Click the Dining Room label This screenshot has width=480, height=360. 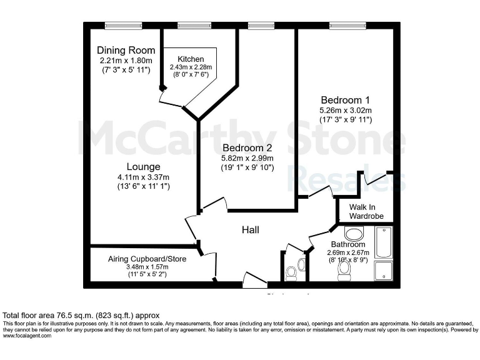tap(126, 50)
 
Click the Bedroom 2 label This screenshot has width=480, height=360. tap(247, 148)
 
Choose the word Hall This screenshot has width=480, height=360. tap(251, 230)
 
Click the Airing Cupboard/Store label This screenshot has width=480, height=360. tap(147, 258)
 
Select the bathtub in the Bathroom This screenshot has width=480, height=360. tap(382, 244)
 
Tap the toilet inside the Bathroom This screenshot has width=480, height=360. tap(343, 269)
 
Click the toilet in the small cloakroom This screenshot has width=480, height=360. tap(291, 273)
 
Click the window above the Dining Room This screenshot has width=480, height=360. tap(119, 26)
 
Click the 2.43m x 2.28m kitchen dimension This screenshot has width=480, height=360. tap(191, 67)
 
